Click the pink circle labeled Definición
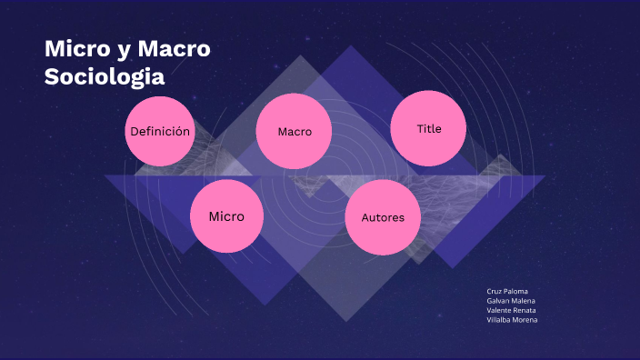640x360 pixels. click(x=160, y=131)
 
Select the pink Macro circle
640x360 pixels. click(x=294, y=131)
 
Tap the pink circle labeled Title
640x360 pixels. click(x=428, y=128)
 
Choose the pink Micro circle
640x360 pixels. click(x=226, y=216)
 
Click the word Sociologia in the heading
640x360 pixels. click(x=105, y=75)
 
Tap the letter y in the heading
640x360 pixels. click(x=124, y=51)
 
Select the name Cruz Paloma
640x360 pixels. click(x=507, y=291)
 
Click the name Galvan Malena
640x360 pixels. click(x=511, y=301)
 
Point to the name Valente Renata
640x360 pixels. click(x=511, y=310)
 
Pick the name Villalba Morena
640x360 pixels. click(x=512, y=319)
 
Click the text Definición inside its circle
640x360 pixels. click(x=160, y=131)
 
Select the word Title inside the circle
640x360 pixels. click(x=429, y=128)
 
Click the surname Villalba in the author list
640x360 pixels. click(x=499, y=319)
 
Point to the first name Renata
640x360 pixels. click(x=523, y=310)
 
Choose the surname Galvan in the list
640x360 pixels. click(x=498, y=301)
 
